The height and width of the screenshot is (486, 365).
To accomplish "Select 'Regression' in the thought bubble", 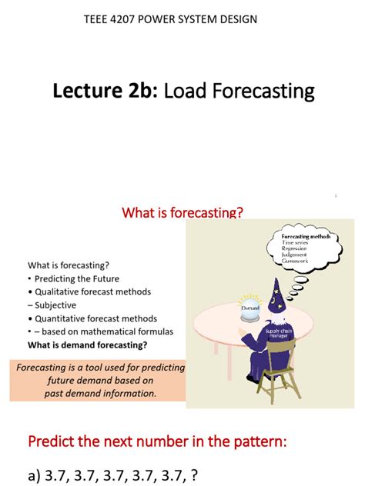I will click(294, 248).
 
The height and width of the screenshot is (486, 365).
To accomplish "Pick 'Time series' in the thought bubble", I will click(296, 242).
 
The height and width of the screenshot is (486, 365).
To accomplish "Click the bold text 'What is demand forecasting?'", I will click(88, 345).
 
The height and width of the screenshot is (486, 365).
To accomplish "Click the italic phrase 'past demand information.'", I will click(101, 393).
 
